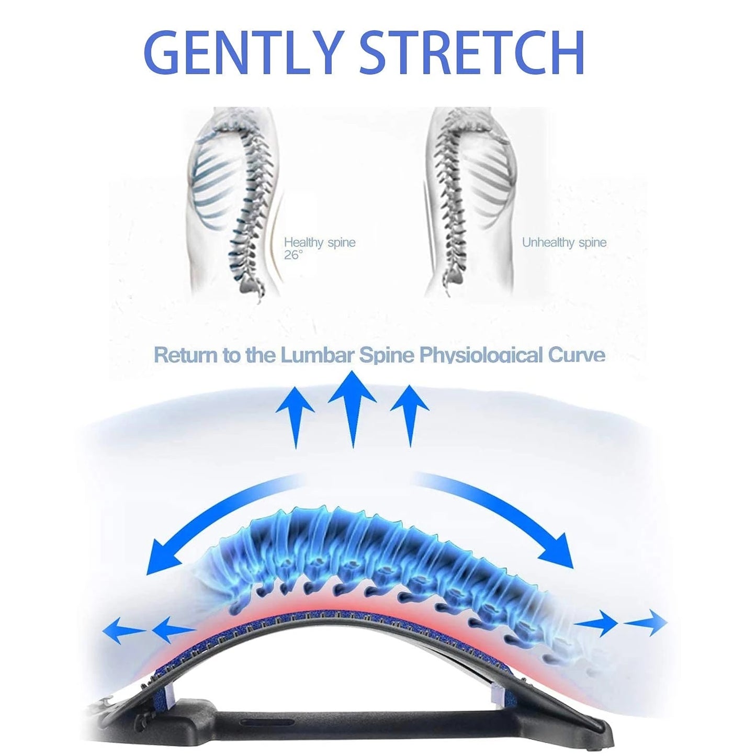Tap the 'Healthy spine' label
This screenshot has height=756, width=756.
320,242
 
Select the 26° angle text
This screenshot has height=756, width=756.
293,256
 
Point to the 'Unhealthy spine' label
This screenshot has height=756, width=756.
564,242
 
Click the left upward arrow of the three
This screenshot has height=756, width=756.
295,417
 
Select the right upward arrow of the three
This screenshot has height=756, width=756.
410,415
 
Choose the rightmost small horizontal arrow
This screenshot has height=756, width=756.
646,622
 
